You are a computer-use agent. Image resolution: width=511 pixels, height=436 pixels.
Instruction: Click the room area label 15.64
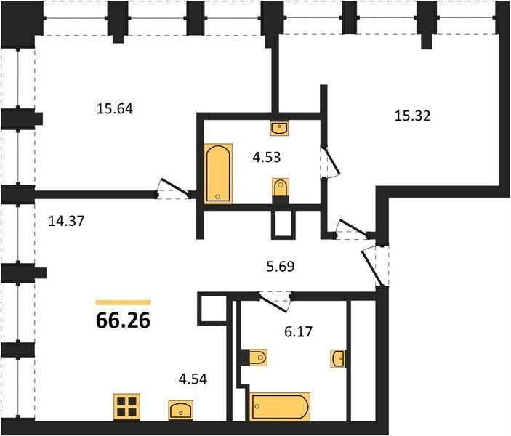pos(115,108)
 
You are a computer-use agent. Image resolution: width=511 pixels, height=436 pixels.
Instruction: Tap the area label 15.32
pos(413,116)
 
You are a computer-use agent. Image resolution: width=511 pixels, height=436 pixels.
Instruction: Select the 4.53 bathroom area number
pos(267,157)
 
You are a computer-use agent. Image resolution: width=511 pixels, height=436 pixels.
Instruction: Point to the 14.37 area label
pos(66,221)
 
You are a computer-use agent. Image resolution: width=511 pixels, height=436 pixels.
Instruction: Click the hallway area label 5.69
pos(281,267)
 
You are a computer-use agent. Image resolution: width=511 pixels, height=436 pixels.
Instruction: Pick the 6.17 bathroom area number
pos(299,332)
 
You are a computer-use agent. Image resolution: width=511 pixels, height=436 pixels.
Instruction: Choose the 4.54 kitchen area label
pos(193,379)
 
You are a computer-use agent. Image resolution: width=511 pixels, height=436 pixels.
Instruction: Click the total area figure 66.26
pos(123,320)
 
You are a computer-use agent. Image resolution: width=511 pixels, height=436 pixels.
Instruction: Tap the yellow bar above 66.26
pos(123,303)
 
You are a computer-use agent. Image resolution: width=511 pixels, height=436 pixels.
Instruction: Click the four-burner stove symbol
pos(126,407)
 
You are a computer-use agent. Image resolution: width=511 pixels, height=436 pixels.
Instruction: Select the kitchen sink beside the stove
pos(180,411)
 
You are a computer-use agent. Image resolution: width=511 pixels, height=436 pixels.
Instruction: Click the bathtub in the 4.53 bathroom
pos(218,174)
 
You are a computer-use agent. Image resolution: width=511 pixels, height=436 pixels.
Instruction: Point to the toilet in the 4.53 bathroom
pos(281,191)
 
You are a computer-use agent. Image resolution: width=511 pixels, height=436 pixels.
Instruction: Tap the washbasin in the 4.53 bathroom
pos(279,128)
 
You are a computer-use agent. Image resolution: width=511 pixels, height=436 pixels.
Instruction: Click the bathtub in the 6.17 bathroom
pos(280,407)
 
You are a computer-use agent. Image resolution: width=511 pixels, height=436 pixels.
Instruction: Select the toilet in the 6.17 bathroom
pos(254,358)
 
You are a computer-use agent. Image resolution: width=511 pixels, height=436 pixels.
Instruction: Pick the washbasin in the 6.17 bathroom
pos(338,359)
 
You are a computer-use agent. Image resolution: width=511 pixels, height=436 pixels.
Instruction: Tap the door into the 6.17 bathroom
pos(274,302)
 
